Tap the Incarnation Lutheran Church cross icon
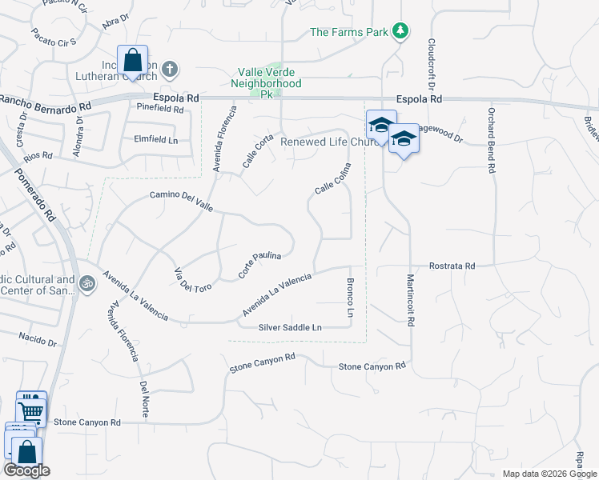[169, 70]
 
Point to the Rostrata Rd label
[452, 266]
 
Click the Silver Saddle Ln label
[290, 328]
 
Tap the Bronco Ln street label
[350, 298]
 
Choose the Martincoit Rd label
[410, 300]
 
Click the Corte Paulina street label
[259, 266]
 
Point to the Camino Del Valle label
[181, 200]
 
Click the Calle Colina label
[333, 185]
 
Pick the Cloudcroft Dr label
[432, 65]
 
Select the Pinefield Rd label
[160, 106]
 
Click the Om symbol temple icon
[86, 282]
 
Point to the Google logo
[26, 470]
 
